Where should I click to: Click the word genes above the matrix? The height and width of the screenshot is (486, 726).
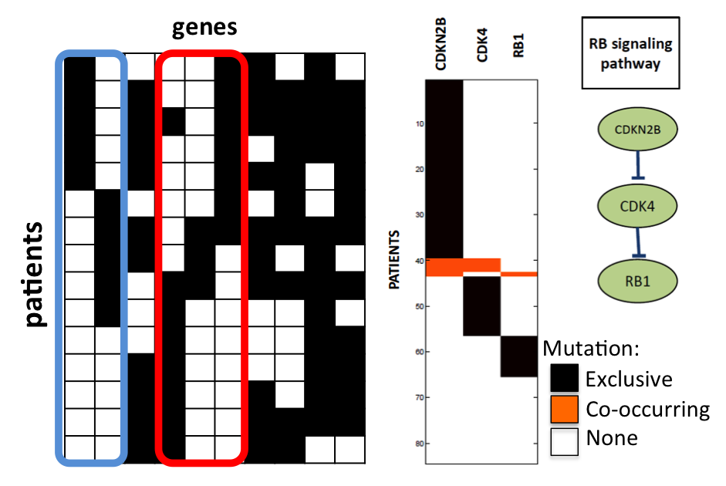[x=204, y=29]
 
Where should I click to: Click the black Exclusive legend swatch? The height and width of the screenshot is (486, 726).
[x=564, y=380]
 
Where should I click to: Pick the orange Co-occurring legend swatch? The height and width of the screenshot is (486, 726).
[x=564, y=409]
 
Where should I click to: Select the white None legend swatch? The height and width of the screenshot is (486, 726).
[x=564, y=439]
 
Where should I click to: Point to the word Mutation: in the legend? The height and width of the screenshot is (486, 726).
[x=591, y=348]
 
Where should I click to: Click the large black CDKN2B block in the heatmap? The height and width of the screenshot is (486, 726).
[x=444, y=170]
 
